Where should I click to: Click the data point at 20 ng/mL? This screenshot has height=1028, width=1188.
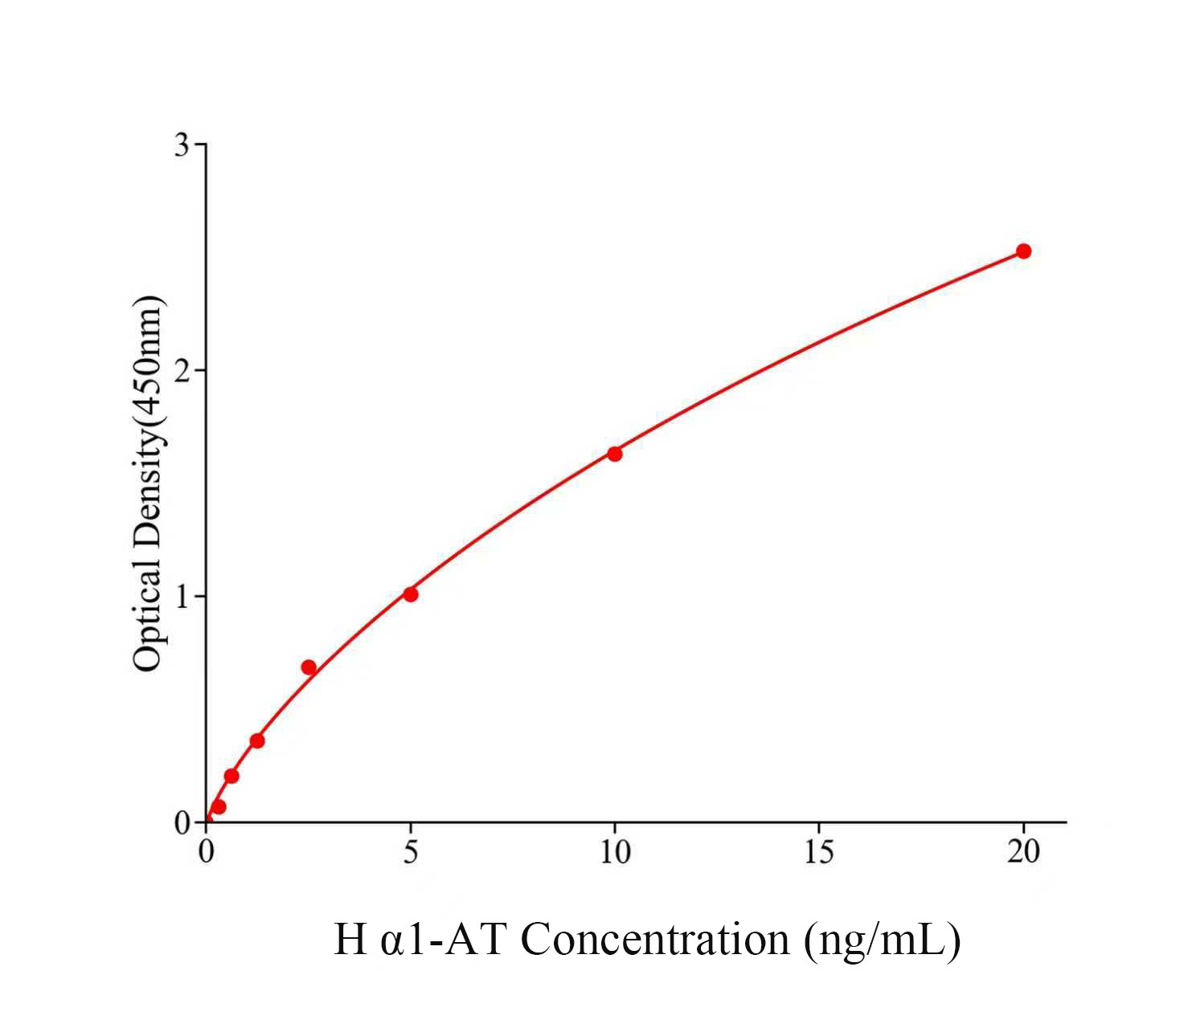tap(1023, 251)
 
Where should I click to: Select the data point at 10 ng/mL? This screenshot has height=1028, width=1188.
tap(615, 454)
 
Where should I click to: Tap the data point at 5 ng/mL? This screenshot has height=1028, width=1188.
tap(411, 594)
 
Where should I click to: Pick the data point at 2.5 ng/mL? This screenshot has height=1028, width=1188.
tap(309, 667)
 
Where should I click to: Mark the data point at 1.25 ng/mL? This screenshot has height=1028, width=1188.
tap(257, 740)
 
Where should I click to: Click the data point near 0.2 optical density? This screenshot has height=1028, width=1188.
tap(231, 776)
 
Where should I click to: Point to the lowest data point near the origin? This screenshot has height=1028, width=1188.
tap(219, 806)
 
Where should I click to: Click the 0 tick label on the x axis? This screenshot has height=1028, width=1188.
tap(207, 852)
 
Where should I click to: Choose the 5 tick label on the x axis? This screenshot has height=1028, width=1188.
tap(411, 852)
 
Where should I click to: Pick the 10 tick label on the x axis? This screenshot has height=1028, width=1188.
tap(615, 852)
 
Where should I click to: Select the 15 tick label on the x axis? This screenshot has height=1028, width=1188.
tap(819, 852)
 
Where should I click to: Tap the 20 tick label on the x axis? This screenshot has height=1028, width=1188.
tap(1023, 852)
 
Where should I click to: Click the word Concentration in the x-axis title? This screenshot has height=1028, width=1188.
tap(655, 939)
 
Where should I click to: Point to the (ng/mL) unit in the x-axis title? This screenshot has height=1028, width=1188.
tap(882, 940)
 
